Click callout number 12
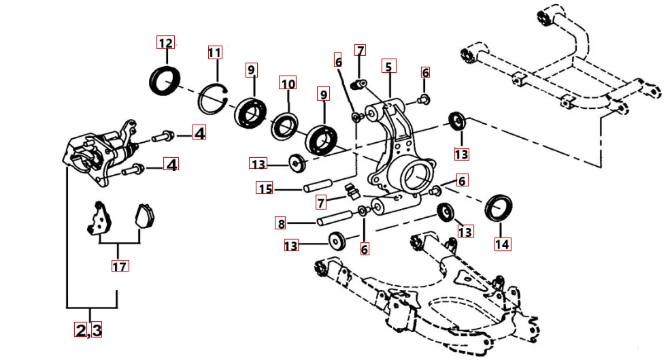tap(165, 43)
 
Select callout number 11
tap(215, 53)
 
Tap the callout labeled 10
tap(288, 84)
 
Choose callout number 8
tap(280, 223)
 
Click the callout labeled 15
tap(264, 189)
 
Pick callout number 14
tap(503, 243)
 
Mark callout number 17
tap(119, 267)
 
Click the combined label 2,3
tap(88, 330)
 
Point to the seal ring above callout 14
tap(503, 207)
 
